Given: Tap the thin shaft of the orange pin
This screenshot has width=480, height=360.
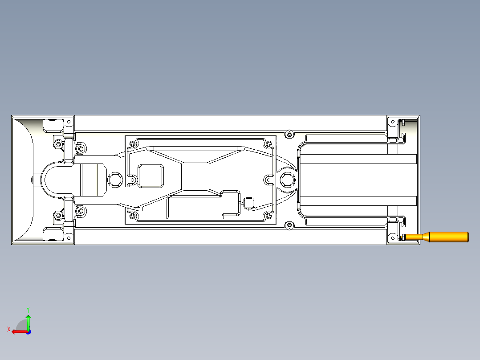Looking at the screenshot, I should click(x=412, y=237).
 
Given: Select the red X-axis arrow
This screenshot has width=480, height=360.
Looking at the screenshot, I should click(x=17, y=331).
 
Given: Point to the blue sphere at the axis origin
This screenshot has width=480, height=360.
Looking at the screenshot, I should click(x=28, y=331).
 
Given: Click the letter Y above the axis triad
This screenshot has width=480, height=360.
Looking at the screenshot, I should click(x=28, y=309).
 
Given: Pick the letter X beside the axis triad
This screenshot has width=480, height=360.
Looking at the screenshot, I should click(x=8, y=329).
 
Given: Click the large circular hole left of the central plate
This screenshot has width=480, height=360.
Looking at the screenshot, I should click(x=115, y=180).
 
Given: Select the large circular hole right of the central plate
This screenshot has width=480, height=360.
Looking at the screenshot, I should click(x=287, y=180).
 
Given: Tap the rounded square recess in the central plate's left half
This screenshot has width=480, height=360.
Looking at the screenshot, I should click(x=151, y=176).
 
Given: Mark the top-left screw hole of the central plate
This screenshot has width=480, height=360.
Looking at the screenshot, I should click(x=133, y=144).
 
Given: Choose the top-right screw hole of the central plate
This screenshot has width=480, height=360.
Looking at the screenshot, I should click(x=268, y=144).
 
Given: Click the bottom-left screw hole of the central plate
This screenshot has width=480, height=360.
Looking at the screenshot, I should click(x=133, y=217).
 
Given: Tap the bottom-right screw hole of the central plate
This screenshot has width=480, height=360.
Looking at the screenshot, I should click(x=268, y=217).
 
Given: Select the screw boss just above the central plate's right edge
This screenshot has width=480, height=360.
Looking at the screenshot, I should click(x=290, y=134).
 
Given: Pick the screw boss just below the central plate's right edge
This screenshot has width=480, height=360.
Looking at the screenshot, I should click(x=290, y=226).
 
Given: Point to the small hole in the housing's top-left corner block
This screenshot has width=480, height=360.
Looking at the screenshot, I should click(x=69, y=121).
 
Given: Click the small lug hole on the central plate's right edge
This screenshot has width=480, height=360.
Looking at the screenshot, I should click(x=268, y=180).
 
